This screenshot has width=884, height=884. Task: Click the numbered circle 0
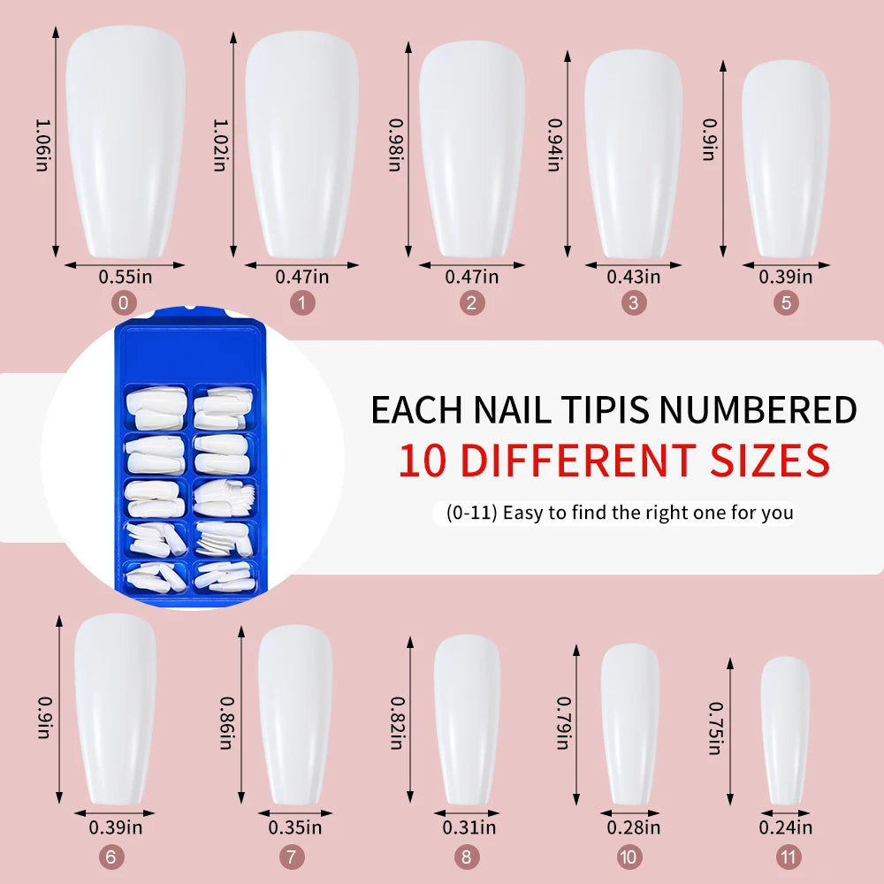pyautogui.click(x=123, y=303)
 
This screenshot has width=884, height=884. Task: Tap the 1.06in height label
pyautogui.click(x=42, y=146)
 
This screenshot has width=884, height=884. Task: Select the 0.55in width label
pyautogui.click(x=126, y=277)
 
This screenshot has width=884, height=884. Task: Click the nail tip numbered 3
pyautogui.click(x=633, y=155)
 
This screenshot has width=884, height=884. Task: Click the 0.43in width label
pyautogui.click(x=633, y=277)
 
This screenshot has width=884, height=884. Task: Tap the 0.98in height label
pyautogui.click(x=396, y=146)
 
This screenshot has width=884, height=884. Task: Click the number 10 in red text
pyautogui.click(x=422, y=461)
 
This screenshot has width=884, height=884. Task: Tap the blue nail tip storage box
pyautogui.click(x=190, y=460)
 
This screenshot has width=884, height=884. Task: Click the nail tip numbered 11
pyautogui.click(x=785, y=729)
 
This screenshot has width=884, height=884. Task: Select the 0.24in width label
pyautogui.click(x=785, y=827)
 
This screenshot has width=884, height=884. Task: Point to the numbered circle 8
pyautogui.click(x=468, y=857)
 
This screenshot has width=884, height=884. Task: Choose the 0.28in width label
pyautogui.click(x=633, y=827)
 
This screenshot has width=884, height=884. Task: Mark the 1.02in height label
pyautogui.click(x=219, y=146)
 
